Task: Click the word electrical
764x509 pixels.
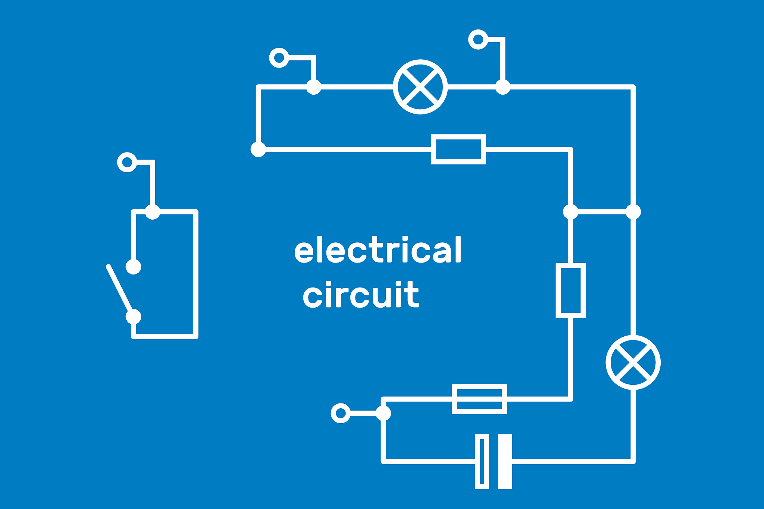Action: [378, 250]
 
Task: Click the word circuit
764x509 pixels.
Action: [361, 295]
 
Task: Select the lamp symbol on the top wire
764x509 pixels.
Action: [420, 87]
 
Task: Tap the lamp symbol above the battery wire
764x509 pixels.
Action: [633, 362]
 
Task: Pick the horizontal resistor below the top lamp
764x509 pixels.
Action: [458, 149]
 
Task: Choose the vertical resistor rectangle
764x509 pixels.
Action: [570, 290]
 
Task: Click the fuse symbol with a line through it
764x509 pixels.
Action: [479, 399]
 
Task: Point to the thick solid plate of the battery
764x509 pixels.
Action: [505, 461]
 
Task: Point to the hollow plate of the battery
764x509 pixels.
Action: [482, 461]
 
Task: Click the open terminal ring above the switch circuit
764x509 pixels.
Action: [127, 162]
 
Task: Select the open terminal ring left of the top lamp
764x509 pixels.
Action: [279, 58]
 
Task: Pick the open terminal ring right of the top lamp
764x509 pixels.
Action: [478, 39]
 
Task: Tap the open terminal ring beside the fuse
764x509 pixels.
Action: [341, 413]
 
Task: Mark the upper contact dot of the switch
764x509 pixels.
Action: [134, 267]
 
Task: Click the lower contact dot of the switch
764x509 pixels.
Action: [134, 317]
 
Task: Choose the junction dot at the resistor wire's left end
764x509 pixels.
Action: [258, 150]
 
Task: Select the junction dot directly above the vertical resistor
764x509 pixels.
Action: [570, 212]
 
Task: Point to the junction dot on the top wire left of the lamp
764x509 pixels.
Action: [314, 87]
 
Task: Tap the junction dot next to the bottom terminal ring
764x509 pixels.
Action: [383, 413]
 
